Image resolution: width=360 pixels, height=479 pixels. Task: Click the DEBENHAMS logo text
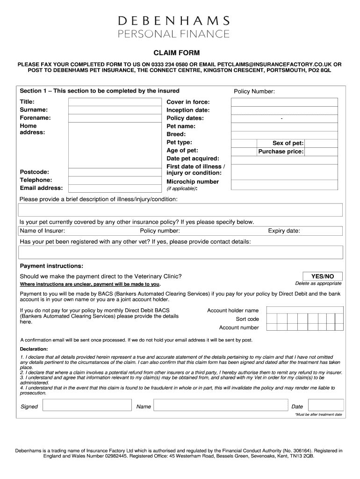[174, 21]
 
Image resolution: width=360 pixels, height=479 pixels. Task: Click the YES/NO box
[322, 276]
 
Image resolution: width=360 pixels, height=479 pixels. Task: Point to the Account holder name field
[304, 310]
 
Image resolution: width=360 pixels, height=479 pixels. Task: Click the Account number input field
[304, 327]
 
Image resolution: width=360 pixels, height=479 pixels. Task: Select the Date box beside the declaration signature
[324, 406]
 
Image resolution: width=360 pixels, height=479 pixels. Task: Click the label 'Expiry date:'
[284, 231]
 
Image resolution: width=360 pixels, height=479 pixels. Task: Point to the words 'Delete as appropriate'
[318, 283]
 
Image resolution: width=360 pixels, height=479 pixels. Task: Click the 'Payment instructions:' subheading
[51, 266]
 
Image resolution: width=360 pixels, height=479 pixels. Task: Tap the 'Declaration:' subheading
[34, 349]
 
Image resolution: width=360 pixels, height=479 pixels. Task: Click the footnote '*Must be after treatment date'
[318, 414]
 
